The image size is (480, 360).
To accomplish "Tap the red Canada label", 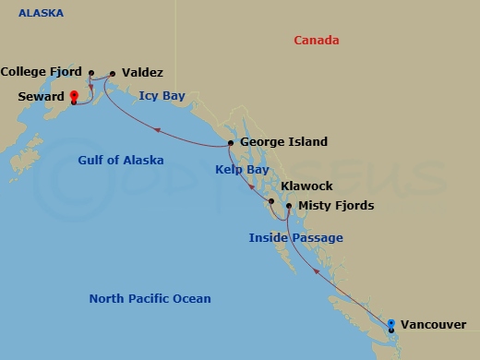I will (x=317, y=41).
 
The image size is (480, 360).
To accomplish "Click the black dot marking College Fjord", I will (x=92, y=72).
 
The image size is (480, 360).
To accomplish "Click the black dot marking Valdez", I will (x=113, y=73).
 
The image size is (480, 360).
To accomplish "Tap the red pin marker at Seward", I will (x=74, y=95).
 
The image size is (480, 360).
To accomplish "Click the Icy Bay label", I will (x=162, y=95).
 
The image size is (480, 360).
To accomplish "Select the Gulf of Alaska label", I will (x=115, y=161).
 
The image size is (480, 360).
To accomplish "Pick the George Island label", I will (x=283, y=142).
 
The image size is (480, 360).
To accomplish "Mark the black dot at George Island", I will (x=230, y=143).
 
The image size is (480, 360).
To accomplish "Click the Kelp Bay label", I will (x=242, y=170).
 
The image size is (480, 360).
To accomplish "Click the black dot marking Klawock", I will (x=271, y=201).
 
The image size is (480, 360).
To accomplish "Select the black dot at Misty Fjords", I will (x=289, y=206).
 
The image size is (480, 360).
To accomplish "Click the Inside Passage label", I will (x=295, y=238).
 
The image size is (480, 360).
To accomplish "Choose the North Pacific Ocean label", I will (x=150, y=299).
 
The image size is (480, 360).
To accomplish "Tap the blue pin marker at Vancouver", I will (x=391, y=324).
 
